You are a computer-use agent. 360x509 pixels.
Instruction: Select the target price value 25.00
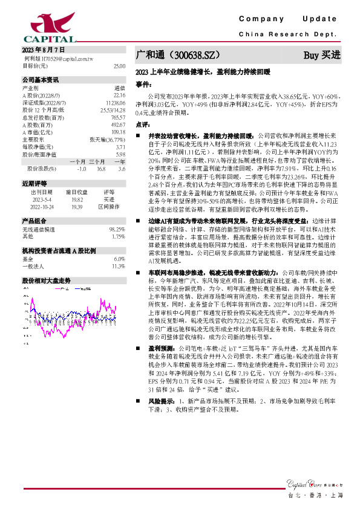[x=119, y=65]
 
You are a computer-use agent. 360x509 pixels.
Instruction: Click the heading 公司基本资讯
[x=41, y=79]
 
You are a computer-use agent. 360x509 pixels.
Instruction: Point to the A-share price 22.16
[x=119, y=96]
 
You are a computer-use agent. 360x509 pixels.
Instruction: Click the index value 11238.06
[x=116, y=103]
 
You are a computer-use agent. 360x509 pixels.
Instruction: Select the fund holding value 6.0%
[x=119, y=258]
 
